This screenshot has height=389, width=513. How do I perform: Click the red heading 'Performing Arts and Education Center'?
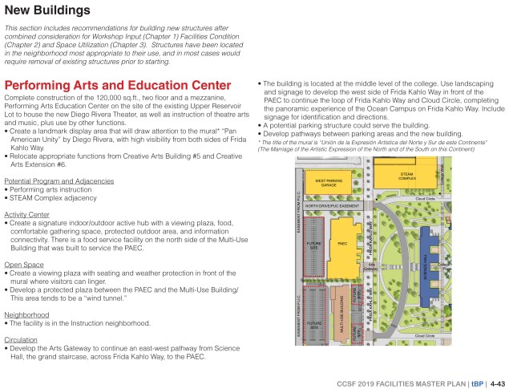(118, 85)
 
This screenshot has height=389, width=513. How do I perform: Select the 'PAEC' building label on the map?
(341, 242)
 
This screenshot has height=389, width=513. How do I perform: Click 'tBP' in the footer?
(478, 381)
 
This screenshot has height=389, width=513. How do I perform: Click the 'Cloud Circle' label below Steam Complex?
(426, 197)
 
